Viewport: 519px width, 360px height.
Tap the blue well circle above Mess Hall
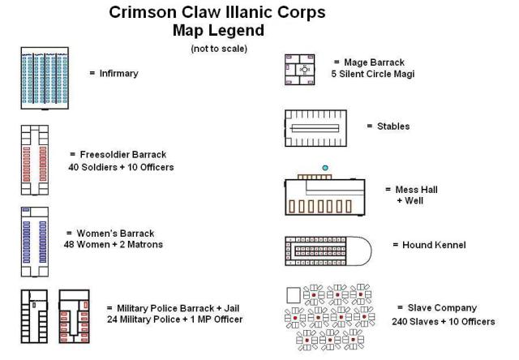pyautogui.click(x=325, y=168)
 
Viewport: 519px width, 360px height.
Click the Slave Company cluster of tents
pyautogui.click(x=331, y=316)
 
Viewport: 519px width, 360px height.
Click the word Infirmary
pyautogui.click(x=118, y=73)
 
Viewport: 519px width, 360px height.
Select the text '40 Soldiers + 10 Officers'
pyautogui.click(x=122, y=167)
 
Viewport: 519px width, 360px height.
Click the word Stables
pyautogui.click(x=393, y=126)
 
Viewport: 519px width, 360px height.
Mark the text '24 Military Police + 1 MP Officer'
pyautogui.click(x=174, y=319)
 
